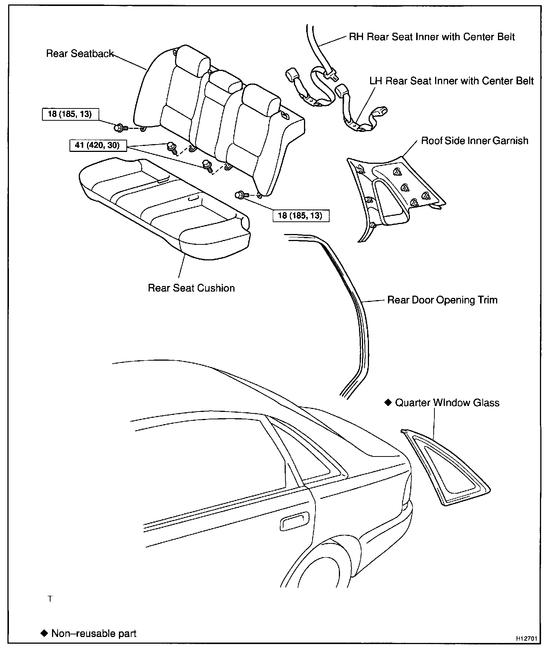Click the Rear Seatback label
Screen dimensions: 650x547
coord(80,54)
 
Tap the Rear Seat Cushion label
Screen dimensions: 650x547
coord(191,288)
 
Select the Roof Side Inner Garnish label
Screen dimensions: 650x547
coord(475,141)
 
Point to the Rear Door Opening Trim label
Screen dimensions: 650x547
coord(442,300)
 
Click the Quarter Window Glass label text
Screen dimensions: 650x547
coord(447,403)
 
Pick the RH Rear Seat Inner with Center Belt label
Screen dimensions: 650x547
coord(432,37)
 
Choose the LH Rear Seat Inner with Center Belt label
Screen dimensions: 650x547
coord(451,81)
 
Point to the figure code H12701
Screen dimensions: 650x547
coord(527,639)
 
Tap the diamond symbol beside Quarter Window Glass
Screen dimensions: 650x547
coord(388,403)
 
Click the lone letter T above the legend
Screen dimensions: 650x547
coord(50,599)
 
